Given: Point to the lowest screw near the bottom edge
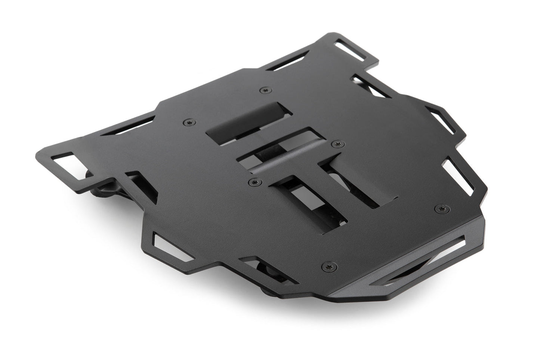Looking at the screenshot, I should (329, 266).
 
